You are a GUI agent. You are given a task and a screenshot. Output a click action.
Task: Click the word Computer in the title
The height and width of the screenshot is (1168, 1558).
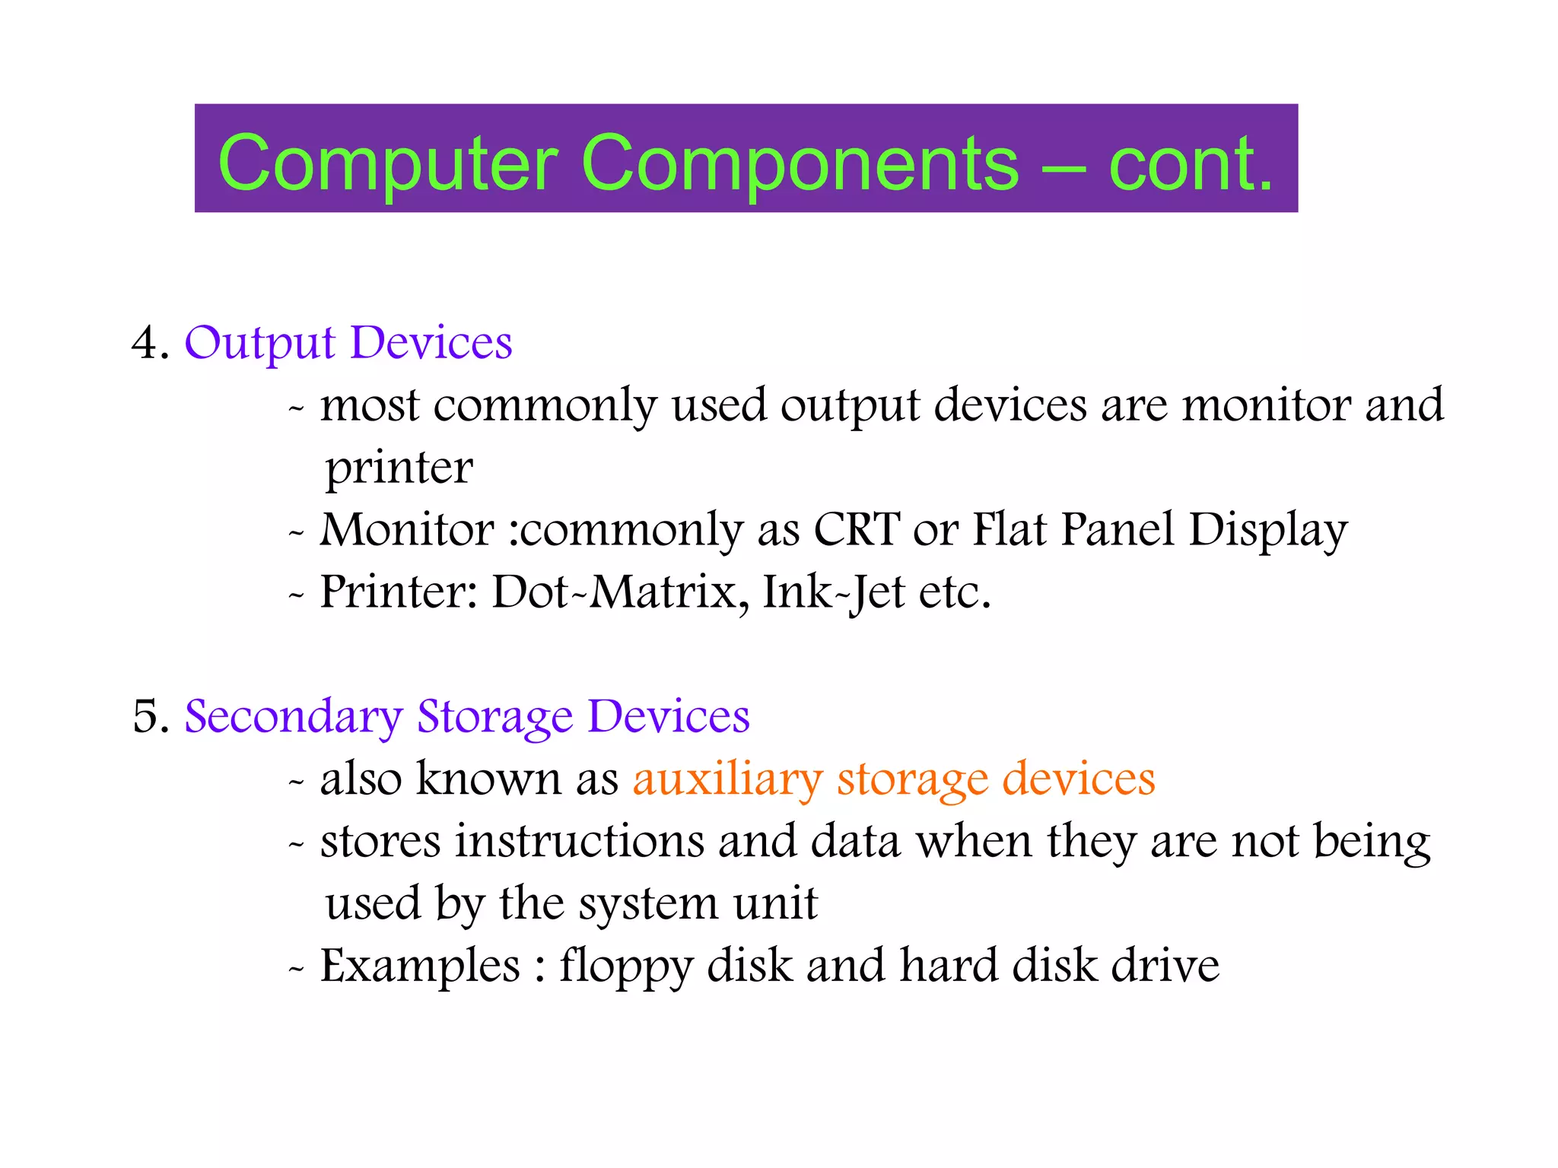388,163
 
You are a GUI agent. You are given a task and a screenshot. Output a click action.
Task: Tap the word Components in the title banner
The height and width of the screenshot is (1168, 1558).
799,163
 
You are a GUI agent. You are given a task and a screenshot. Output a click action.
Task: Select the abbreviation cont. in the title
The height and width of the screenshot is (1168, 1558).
1190,163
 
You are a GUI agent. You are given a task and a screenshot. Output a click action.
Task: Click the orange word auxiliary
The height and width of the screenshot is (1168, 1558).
727,780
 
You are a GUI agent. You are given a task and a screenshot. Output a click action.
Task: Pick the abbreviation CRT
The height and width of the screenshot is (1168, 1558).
857,529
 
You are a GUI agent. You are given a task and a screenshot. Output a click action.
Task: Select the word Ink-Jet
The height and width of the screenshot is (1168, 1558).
834,593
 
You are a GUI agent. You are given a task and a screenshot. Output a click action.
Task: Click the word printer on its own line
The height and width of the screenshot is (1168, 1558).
399,468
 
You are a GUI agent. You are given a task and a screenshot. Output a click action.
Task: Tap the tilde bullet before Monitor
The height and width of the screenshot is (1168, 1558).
296,532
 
